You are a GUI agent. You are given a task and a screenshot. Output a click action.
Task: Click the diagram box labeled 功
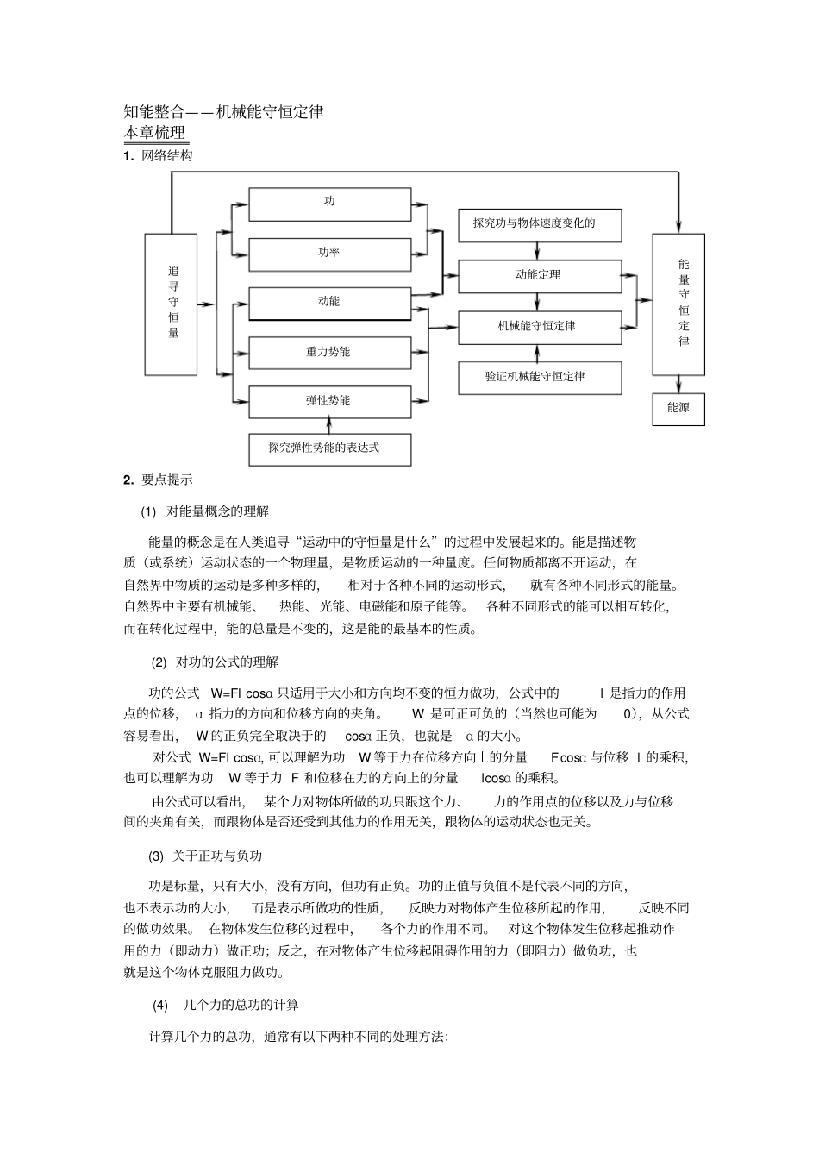coord(329,204)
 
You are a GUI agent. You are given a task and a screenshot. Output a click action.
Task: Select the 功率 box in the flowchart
coord(329,254)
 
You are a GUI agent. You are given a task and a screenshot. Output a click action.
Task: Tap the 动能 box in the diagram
coord(329,303)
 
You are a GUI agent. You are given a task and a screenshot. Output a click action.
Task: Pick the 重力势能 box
coord(329,352)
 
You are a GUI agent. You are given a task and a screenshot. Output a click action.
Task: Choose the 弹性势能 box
coord(329,401)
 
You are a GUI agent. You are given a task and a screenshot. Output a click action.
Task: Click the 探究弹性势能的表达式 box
coord(329,448)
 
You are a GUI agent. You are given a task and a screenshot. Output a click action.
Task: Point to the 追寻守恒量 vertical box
coord(171,304)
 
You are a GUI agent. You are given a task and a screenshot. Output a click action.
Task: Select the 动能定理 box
coord(539,275)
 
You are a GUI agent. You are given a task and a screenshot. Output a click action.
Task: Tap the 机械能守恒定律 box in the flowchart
coord(539,327)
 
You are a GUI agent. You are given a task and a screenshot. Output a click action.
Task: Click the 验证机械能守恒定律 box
coord(539,377)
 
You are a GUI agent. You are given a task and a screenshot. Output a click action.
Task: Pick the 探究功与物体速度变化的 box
coord(539,223)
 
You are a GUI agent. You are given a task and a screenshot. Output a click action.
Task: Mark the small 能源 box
coord(678,408)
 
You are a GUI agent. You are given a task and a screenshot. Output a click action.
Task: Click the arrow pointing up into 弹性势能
coord(329,423)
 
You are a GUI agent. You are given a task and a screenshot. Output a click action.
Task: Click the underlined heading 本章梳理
coord(155,133)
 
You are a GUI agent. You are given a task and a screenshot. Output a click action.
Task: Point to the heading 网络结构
coord(167,156)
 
